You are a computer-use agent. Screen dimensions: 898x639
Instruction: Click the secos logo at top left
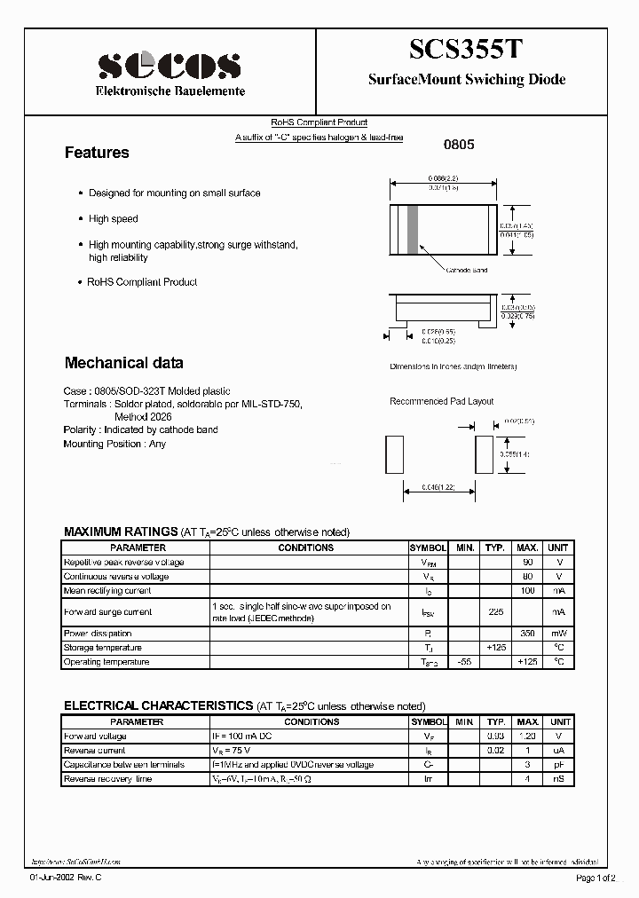point(169,65)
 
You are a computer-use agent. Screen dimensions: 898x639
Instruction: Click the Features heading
point(97,153)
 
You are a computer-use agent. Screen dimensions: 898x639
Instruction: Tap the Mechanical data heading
point(124,362)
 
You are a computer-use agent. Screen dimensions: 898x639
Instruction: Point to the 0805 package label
point(459,144)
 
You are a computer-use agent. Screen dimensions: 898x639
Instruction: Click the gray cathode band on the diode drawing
point(413,230)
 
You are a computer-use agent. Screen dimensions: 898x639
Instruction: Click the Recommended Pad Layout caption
point(441,401)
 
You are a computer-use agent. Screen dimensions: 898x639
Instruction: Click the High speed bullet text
point(114,218)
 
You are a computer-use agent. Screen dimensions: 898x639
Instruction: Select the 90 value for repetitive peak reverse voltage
point(527,563)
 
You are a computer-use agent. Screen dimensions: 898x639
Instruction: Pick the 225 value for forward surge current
point(496,612)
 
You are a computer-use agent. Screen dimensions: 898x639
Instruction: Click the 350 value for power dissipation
point(527,634)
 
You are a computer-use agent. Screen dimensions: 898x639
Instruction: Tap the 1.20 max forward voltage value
point(527,737)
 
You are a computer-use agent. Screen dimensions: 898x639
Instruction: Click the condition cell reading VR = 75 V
point(233,751)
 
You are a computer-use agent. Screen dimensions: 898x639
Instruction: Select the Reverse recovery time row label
point(107,779)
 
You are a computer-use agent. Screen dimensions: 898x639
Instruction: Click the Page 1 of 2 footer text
point(600,878)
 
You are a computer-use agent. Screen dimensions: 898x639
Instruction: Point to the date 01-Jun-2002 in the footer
point(56,878)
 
